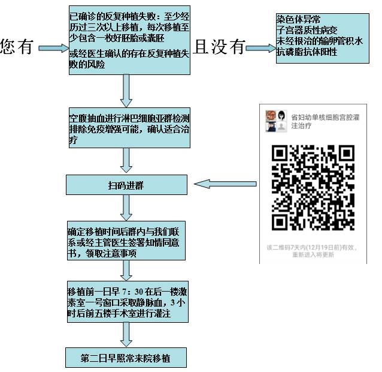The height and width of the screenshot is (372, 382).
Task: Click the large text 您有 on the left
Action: [x=16, y=48]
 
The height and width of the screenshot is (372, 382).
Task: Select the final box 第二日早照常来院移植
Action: [x=126, y=359]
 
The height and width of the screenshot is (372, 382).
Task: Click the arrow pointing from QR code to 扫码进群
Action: [x=227, y=184]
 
